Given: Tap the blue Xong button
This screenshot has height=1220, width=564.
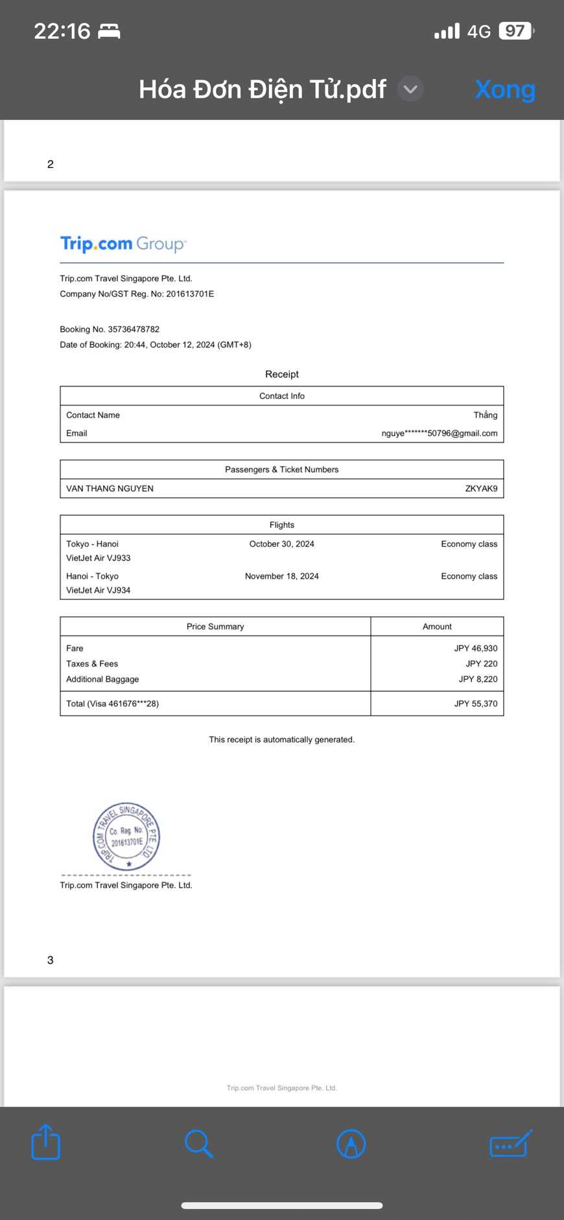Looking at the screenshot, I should pyautogui.click(x=505, y=89).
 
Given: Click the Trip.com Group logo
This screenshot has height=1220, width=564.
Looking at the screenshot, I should pyautogui.click(x=123, y=244).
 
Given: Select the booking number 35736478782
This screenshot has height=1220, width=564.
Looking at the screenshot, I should pyautogui.click(x=134, y=329).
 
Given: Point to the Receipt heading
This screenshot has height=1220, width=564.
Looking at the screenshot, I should pyautogui.click(x=282, y=374).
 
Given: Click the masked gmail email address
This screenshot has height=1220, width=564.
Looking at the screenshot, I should pyautogui.click(x=440, y=433).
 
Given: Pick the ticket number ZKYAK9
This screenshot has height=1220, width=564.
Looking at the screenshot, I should pyautogui.click(x=481, y=489).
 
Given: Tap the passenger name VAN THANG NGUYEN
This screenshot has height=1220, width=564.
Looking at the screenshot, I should pyautogui.click(x=110, y=489).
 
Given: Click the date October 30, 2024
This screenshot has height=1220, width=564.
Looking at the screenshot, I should pyautogui.click(x=281, y=544).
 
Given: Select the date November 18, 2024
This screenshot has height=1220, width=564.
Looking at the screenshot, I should pyautogui.click(x=281, y=576).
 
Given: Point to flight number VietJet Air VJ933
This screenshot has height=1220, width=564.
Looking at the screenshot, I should pyautogui.click(x=99, y=558).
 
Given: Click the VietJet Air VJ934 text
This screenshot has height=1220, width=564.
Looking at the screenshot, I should pyautogui.click(x=99, y=590).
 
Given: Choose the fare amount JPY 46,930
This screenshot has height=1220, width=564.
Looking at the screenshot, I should pyautogui.click(x=475, y=649).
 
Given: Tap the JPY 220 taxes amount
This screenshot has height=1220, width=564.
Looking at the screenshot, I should pyautogui.click(x=481, y=664).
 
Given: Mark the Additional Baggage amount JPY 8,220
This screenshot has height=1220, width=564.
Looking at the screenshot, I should pyautogui.click(x=478, y=680).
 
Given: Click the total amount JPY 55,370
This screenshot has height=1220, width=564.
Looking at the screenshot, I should pyautogui.click(x=475, y=704).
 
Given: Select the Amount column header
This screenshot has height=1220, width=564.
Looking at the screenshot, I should pyautogui.click(x=437, y=627).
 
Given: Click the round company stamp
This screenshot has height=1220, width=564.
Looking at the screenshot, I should pyautogui.click(x=126, y=836).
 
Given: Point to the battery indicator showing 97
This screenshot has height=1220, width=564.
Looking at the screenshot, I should pyautogui.click(x=515, y=31).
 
